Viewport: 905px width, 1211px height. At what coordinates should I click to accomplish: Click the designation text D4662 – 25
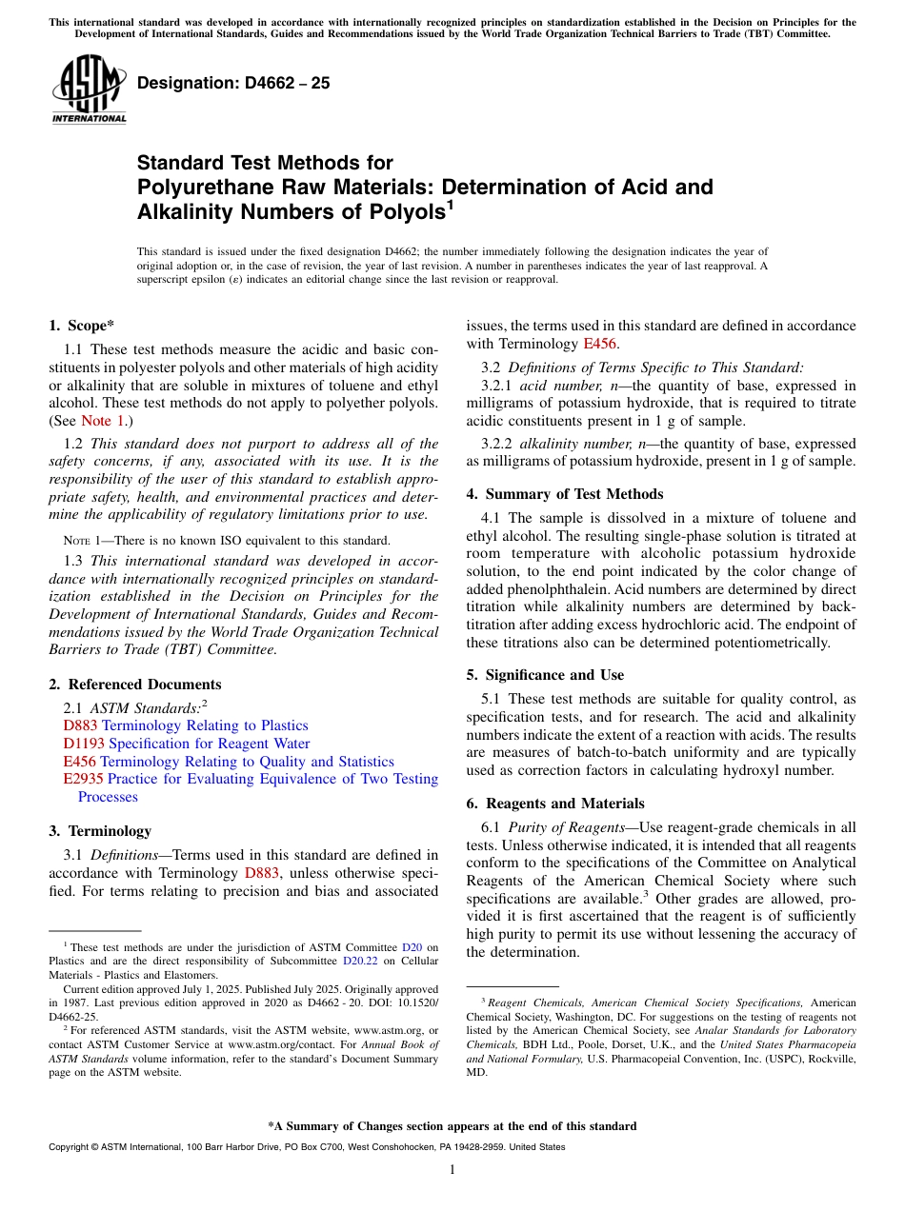233,83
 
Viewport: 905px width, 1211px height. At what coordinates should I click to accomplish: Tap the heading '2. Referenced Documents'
134,685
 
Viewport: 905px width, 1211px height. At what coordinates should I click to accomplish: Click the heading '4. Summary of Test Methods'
565,494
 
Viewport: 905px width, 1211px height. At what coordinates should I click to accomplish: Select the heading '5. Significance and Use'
545,675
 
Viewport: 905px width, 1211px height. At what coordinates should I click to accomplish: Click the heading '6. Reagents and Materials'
554,804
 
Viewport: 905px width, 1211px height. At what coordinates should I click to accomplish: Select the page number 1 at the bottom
452,1169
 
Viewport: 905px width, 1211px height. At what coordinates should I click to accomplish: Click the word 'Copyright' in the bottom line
69,1147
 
